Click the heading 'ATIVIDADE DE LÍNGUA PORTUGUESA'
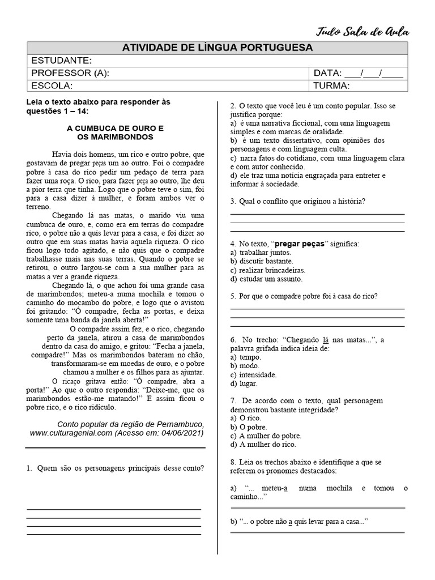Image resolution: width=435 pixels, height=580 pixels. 217,48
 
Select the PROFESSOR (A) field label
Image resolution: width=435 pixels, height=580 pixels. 70,73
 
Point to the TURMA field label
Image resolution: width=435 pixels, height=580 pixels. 331,86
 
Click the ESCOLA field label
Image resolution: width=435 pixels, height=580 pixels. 52,86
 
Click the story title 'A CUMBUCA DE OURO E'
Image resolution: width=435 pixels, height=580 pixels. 115,128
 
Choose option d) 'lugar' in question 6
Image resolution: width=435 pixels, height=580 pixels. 244,383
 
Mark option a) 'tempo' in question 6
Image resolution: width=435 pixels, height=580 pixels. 246,357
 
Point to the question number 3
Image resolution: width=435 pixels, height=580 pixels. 233,201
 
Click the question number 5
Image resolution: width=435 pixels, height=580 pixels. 233,296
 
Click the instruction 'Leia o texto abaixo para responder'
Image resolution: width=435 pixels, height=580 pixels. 98,102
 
